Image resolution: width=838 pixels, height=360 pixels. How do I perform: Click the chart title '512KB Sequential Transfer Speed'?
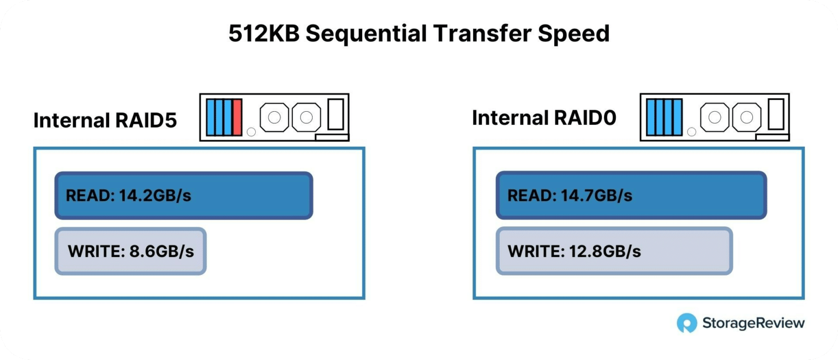pyautogui.click(x=419, y=33)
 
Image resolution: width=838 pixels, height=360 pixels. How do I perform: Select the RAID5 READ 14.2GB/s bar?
pyautogui.click(x=184, y=195)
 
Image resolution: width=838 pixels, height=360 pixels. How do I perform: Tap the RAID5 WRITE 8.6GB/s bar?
pyautogui.click(x=130, y=251)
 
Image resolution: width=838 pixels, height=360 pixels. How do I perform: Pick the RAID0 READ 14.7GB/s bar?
pyautogui.click(x=631, y=195)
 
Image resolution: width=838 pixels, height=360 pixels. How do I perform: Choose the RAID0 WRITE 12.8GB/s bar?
pyautogui.click(x=614, y=251)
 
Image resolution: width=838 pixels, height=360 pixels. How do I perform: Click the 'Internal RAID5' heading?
pyautogui.click(x=105, y=121)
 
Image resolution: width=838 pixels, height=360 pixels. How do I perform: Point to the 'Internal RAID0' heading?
pyautogui.click(x=544, y=118)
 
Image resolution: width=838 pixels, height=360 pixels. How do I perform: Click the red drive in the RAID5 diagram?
pyautogui.click(x=237, y=117)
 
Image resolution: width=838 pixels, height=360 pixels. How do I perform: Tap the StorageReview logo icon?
pyautogui.click(x=687, y=322)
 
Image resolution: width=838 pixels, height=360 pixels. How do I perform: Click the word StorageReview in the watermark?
pyautogui.click(x=753, y=322)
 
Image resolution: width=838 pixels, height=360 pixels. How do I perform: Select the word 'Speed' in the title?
pyautogui.click(x=574, y=34)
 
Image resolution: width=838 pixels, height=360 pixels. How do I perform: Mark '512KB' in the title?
pyautogui.click(x=264, y=33)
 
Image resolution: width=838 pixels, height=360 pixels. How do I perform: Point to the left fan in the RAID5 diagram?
pyautogui.click(x=274, y=117)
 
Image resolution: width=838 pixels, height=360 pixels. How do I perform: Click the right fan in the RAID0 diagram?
pyautogui.click(x=747, y=117)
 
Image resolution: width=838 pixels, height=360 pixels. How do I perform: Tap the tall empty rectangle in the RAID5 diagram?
pyautogui.click(x=336, y=115)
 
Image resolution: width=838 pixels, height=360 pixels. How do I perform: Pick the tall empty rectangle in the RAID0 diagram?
pyautogui.click(x=776, y=114)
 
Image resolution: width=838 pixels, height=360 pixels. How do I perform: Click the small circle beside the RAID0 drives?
pyautogui.click(x=692, y=131)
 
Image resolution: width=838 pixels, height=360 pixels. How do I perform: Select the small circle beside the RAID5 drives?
pyautogui.click(x=252, y=131)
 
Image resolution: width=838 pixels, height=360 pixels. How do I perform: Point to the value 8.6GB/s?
pyautogui.click(x=162, y=251)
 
